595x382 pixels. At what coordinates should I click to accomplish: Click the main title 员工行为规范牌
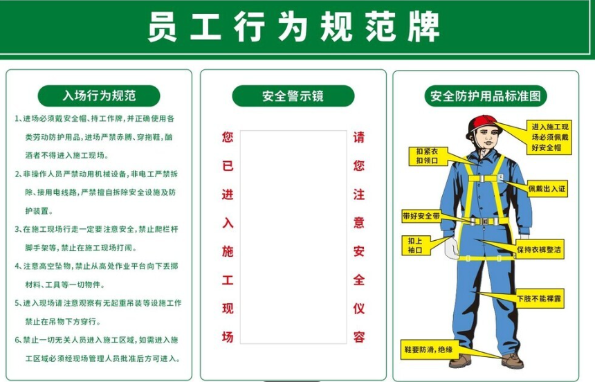294,27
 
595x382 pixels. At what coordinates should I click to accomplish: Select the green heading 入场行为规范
99,95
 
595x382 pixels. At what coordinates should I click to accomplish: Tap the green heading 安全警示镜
293,95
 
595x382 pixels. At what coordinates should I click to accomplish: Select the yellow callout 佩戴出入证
547,188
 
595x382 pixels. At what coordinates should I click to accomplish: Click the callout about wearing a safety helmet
549,137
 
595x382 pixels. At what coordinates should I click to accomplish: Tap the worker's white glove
450,248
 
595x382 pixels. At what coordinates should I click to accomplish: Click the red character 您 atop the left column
227,137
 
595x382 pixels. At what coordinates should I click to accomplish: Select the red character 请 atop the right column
358,137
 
